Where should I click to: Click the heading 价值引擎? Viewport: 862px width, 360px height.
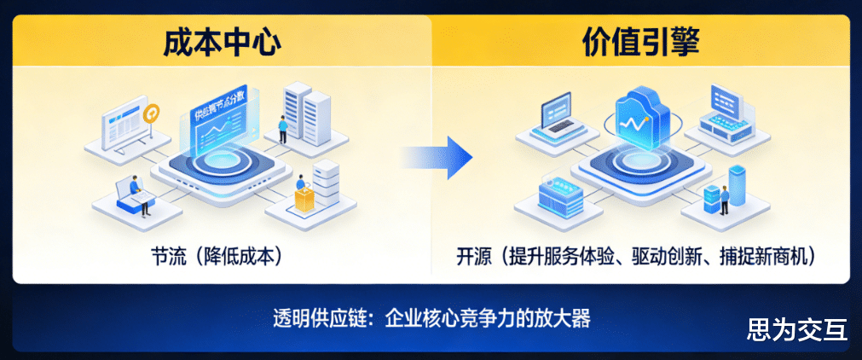pos(640,42)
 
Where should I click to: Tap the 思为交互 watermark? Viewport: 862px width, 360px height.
pos(796,330)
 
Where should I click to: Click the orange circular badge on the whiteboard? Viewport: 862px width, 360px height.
pos(153,113)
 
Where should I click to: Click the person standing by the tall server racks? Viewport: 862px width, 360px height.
pos(282,130)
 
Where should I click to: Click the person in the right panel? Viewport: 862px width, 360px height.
pos(724,200)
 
